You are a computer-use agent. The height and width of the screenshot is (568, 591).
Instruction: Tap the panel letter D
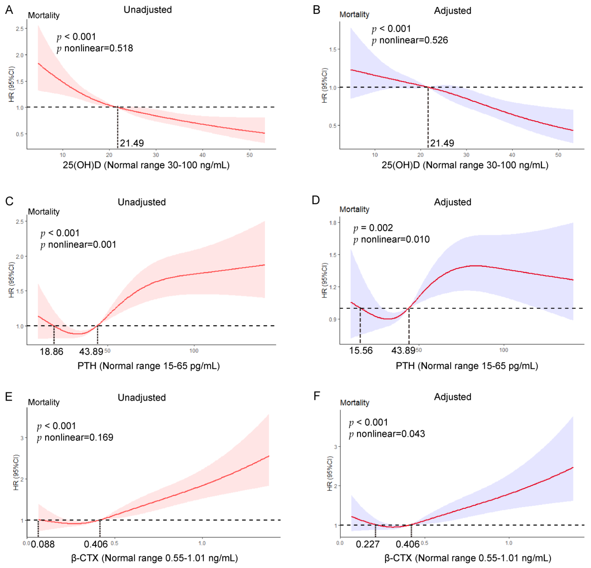click(x=316, y=200)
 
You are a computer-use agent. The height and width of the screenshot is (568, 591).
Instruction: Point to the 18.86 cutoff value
click(x=52, y=351)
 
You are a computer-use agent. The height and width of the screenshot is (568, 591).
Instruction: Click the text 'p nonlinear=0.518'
click(x=95, y=48)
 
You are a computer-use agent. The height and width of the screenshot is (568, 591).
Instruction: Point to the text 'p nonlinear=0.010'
click(x=391, y=240)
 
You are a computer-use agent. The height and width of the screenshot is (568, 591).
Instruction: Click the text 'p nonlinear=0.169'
click(x=75, y=437)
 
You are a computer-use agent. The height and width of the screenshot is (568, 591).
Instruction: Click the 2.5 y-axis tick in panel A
click(x=20, y=29)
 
